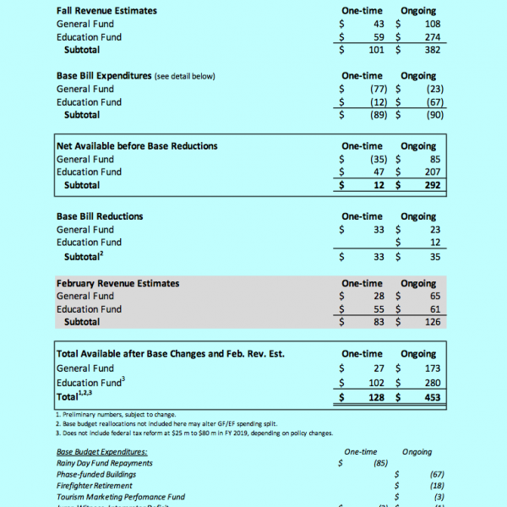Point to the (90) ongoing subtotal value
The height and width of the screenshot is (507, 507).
pos(434,115)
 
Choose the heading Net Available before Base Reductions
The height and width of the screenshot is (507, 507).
pos(136,146)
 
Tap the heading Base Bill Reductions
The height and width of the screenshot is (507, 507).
pos(100,216)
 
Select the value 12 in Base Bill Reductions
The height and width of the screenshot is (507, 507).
pos(436,243)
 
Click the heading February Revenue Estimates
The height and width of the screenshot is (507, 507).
pos(117,284)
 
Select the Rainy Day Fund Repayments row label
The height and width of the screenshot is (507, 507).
pos(104,463)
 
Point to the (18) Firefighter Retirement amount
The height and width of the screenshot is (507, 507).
pos(434,486)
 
